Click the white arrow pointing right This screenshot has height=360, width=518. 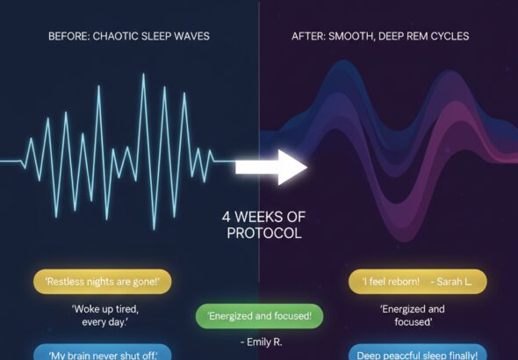point(271,167)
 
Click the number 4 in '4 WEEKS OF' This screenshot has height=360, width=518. point(226,217)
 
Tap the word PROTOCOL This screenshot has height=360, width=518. point(264,234)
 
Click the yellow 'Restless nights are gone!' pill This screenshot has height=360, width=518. point(103,281)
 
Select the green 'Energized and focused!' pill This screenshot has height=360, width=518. point(260,316)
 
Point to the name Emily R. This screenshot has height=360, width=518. point(262,342)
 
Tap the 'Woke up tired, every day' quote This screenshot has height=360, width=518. point(105,315)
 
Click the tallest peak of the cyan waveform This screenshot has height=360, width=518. point(144,75)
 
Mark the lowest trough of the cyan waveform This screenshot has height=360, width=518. point(154,228)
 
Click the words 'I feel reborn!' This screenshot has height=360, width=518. point(391,281)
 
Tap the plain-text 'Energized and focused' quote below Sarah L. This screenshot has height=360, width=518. point(413,315)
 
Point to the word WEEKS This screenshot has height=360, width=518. point(259,217)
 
